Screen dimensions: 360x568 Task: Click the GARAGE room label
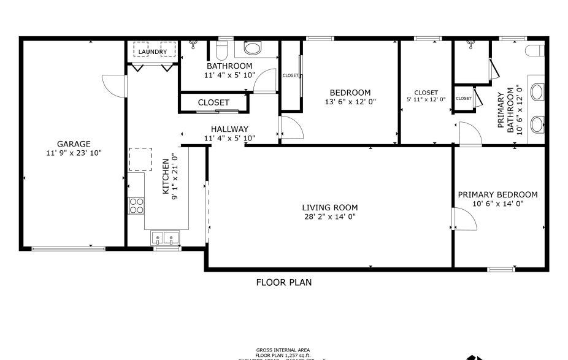(x=74, y=144)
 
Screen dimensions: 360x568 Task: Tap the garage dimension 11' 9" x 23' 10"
(x=74, y=153)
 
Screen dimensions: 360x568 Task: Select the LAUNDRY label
(x=152, y=52)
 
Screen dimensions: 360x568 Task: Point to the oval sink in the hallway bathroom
(x=252, y=48)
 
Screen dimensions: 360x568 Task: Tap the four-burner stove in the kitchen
(x=136, y=205)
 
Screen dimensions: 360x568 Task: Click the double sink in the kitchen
(x=164, y=237)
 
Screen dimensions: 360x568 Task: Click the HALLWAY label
(x=229, y=129)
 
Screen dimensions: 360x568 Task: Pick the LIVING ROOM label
(x=330, y=207)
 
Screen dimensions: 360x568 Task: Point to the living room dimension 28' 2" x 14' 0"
(x=330, y=216)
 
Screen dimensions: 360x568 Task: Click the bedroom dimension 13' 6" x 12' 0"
(x=350, y=102)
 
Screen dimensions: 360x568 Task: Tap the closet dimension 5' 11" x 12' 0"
(x=426, y=99)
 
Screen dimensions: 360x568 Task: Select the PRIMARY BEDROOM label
(x=497, y=194)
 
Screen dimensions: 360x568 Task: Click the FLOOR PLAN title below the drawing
(x=283, y=283)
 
